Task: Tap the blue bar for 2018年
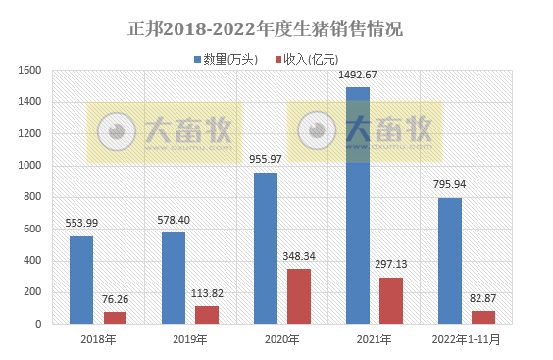[80, 280]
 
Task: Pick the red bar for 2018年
[116, 317]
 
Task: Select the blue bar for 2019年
[173, 278]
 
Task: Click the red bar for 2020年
[299, 295]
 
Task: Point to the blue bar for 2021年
[357, 205]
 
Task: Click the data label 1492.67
[357, 77]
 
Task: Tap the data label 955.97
[265, 160]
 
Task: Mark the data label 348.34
[300, 256]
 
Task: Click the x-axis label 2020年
[282, 339]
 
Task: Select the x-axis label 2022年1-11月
[467, 339]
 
